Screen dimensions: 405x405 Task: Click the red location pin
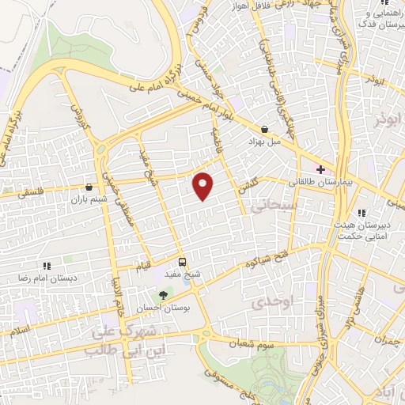[204, 185]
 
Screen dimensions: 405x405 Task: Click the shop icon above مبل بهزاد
[263, 129]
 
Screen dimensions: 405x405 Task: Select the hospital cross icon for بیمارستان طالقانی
[320, 169]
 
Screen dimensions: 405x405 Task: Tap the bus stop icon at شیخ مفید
[183, 262]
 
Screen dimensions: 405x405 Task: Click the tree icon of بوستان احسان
[164, 294]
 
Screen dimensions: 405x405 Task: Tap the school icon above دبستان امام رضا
[46, 267]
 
